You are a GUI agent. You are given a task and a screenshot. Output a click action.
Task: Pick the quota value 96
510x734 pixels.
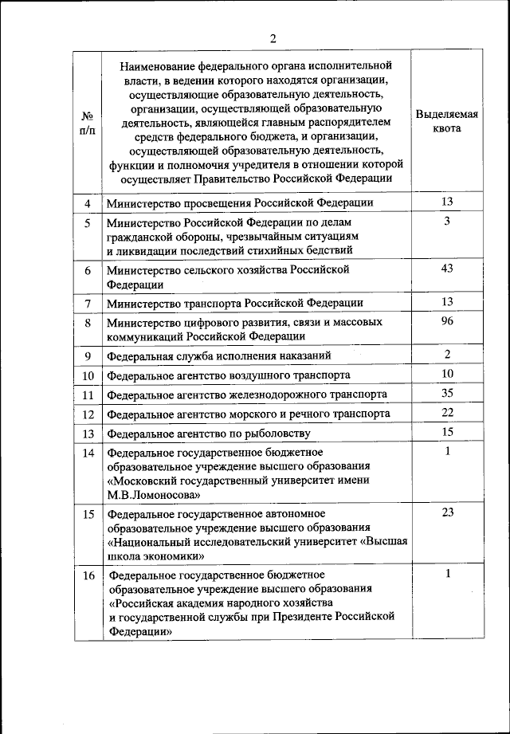tap(447, 321)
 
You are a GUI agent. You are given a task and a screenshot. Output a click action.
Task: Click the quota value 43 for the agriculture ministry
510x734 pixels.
tap(447, 269)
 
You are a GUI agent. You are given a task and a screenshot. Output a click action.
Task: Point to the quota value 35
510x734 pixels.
tap(447, 393)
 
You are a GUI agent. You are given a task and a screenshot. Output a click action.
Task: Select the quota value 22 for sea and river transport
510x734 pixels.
tap(447, 412)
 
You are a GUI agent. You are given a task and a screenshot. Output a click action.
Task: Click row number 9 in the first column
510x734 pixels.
tap(88, 355)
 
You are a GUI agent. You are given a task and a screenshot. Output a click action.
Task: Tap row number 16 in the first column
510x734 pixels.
tap(88, 575)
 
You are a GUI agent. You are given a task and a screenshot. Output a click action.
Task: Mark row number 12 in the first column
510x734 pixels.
tap(88, 414)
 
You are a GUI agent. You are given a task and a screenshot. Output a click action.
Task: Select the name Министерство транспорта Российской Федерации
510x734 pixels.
tap(235, 303)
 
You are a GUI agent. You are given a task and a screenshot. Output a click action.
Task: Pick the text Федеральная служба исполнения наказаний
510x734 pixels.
tap(219, 355)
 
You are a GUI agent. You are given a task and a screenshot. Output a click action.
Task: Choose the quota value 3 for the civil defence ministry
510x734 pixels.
tap(447, 221)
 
